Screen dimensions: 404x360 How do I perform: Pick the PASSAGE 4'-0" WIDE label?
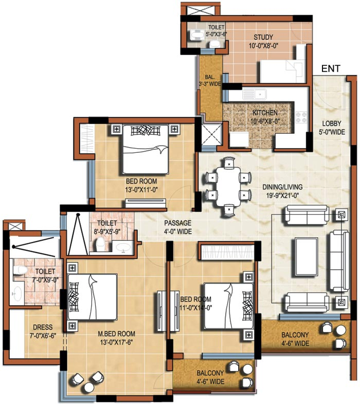pos(177,227)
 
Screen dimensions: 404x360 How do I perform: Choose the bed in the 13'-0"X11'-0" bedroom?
pos(145,149)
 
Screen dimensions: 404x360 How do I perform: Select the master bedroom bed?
pos(92,298)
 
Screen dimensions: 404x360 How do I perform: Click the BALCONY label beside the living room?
pos(295,339)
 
